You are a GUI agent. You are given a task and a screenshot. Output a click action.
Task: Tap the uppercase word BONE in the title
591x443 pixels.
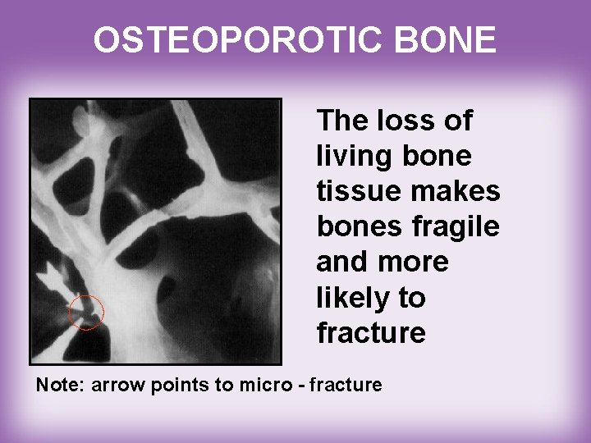click(450, 39)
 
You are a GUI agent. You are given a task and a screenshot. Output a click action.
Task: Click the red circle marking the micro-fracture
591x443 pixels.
click(86, 312)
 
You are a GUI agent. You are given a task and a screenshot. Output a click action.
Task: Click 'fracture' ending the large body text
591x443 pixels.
click(370, 333)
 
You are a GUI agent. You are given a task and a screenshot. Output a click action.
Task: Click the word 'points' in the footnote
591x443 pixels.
click(181, 384)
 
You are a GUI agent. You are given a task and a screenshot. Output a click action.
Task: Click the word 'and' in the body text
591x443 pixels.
click(340, 263)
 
